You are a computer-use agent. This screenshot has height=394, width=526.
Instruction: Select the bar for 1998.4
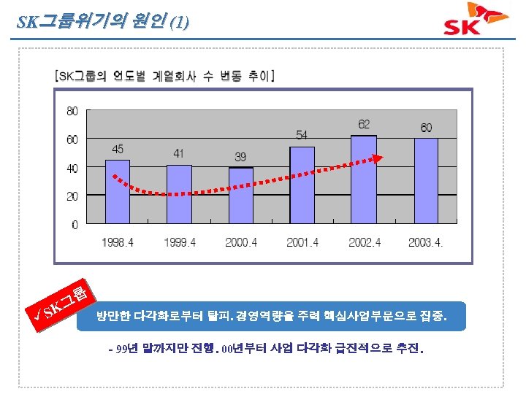pyautogui.click(x=118, y=192)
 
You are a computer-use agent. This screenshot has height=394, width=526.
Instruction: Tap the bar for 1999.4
pyautogui.click(x=179, y=195)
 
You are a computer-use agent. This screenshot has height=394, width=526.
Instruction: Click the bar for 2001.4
pyautogui.click(x=302, y=186)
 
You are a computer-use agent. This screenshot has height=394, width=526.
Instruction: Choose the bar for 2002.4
pyautogui.click(x=364, y=180)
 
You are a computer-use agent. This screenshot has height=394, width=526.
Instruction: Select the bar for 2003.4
pyautogui.click(x=426, y=182)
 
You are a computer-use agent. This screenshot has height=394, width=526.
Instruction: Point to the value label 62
pyautogui.click(x=364, y=124)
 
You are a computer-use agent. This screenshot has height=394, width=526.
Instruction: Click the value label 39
pyautogui.click(x=241, y=157)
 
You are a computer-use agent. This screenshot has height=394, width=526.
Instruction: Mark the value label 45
pyautogui.click(x=118, y=149)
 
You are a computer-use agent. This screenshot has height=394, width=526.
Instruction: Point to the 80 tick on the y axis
pyautogui.click(x=72, y=111)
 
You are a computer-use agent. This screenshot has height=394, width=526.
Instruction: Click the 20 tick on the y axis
pyautogui.click(x=72, y=197)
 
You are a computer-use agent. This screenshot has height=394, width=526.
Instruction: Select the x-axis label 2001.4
pyautogui.click(x=302, y=242)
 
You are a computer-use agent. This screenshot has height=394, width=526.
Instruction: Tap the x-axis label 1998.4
pyautogui.click(x=118, y=242)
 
